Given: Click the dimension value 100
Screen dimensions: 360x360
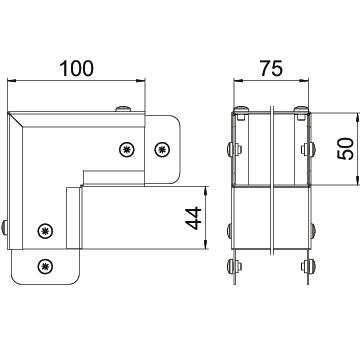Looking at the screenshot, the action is coord(77,68).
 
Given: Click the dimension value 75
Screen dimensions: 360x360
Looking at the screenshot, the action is coord(271,68).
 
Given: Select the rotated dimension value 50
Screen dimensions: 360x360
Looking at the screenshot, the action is coord(345,149).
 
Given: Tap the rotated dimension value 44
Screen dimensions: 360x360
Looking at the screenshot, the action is coord(194,218).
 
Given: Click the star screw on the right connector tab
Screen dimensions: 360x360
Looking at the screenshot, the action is coord(163,149).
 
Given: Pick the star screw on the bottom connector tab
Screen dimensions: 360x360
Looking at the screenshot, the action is coord(45,266).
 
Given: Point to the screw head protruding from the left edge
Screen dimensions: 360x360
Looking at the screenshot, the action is coord(4,228).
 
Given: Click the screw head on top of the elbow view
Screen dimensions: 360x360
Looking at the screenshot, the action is coord(123,109).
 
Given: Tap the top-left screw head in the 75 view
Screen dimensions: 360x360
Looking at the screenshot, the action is coord(241,110).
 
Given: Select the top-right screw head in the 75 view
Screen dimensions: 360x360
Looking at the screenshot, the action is coord(301,110).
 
